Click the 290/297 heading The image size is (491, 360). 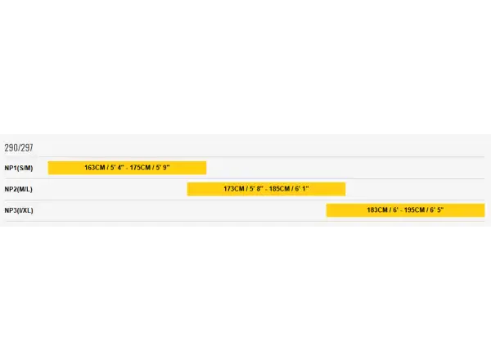[x=19, y=147]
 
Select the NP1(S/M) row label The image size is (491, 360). [x=19, y=168]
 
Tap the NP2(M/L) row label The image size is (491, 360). [x=19, y=189]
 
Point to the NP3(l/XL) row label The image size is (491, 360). [x=19, y=210]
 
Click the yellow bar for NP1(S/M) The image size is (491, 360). [x=127, y=168]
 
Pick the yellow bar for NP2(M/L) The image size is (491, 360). [x=266, y=189]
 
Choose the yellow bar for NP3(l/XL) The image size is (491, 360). [x=406, y=210]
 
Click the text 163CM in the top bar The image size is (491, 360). [x=95, y=168]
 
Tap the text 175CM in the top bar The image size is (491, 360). [x=140, y=168]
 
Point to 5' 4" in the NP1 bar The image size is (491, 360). [x=117, y=168]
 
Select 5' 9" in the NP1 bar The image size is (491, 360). [x=163, y=168]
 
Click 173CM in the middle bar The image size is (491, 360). [x=234, y=189]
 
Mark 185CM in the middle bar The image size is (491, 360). [x=279, y=189]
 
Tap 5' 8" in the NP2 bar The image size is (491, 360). [x=256, y=189]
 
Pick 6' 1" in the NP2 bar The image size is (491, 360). [x=302, y=189]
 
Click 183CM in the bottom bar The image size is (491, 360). [x=377, y=210]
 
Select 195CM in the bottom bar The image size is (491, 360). [x=414, y=210]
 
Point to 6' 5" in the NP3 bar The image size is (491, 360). [x=437, y=210]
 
